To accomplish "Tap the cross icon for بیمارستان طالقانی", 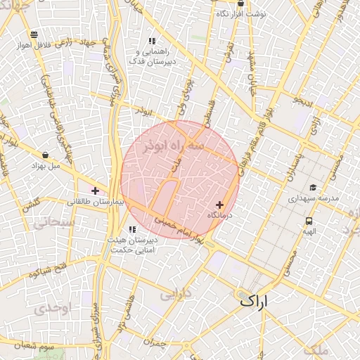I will click(x=95, y=191).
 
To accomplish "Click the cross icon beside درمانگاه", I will click(x=220, y=204).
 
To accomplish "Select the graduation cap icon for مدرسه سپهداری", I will click(x=313, y=188).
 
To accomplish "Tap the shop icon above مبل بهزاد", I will click(x=46, y=155).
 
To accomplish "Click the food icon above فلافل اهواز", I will click(x=34, y=34).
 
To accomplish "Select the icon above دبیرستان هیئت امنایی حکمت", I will click(x=131, y=229).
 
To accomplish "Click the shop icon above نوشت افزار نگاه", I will click(x=241, y=3).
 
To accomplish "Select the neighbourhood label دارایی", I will click(x=176, y=294).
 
